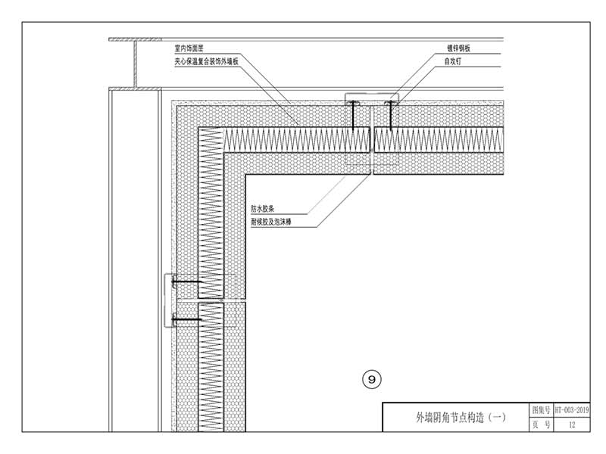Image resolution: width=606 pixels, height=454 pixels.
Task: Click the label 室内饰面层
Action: pos(189,48)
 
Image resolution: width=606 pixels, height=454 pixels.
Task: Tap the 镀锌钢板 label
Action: pos(459,48)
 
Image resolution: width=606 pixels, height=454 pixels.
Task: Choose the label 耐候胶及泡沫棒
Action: pos(273,222)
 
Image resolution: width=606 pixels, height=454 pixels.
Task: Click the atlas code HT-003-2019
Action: pos(571,409)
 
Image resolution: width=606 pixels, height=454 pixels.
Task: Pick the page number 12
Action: pos(571,425)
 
